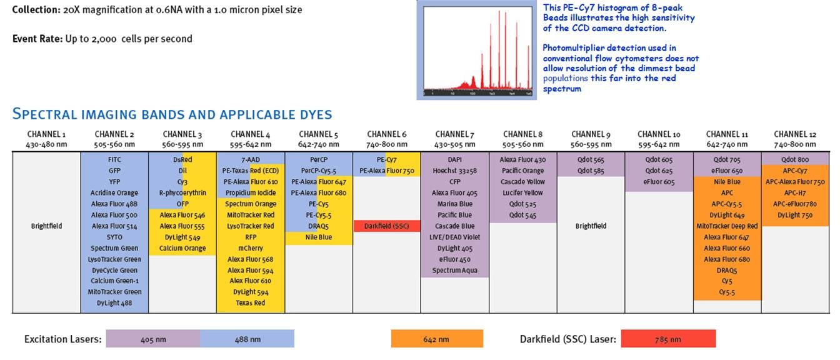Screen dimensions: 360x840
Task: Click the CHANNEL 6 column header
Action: (x=386, y=134)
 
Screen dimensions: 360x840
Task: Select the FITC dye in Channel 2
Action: (x=114, y=159)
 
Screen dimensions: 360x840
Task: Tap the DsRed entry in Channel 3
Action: (x=182, y=159)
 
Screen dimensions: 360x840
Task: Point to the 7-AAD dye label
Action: (x=250, y=159)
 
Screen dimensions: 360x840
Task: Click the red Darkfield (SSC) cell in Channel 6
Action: (x=386, y=226)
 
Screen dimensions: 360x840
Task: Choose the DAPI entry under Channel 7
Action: (x=454, y=159)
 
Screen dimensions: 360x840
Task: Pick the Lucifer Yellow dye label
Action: (x=522, y=192)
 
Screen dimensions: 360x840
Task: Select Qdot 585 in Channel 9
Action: (x=591, y=171)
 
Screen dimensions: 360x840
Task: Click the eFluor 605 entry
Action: (x=659, y=182)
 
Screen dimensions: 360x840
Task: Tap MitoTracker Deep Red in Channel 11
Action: (x=727, y=226)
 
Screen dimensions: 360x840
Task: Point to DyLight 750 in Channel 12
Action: (x=794, y=215)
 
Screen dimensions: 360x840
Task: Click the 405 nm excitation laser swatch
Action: (x=153, y=339)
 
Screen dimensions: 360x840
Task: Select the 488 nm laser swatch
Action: (x=247, y=339)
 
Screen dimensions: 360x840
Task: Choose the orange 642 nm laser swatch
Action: (x=437, y=339)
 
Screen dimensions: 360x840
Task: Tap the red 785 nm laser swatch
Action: (x=668, y=339)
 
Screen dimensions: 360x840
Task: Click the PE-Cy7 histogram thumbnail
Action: (x=478, y=51)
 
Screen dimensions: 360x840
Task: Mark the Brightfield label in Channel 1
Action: (x=46, y=226)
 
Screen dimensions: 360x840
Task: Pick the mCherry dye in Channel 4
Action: (x=250, y=248)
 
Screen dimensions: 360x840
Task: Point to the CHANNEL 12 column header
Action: (x=794, y=134)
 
